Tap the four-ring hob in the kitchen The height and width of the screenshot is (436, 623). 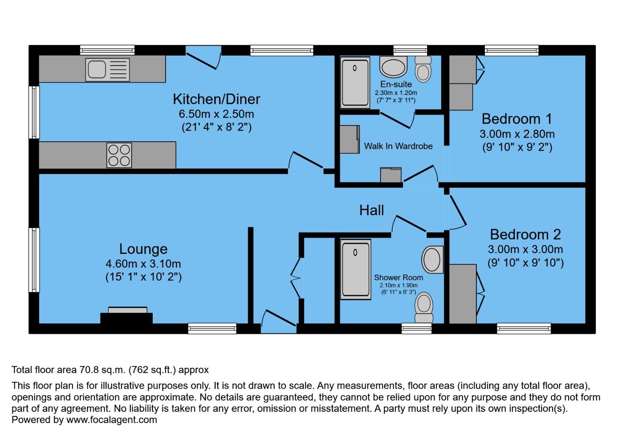119,155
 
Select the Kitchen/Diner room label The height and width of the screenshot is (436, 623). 216,99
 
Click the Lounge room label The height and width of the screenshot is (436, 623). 143,249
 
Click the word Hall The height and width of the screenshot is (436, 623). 372,210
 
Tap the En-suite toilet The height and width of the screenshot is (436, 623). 423,69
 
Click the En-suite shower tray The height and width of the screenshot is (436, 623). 355,82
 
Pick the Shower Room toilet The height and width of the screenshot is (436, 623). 424,307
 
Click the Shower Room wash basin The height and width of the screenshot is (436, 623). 432,259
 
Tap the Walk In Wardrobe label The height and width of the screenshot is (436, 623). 398,146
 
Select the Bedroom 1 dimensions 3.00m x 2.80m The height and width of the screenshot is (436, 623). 517,134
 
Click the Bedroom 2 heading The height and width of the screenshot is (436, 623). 525,235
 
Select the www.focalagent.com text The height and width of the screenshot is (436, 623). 111,420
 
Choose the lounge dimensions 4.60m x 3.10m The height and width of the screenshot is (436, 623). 143,264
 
